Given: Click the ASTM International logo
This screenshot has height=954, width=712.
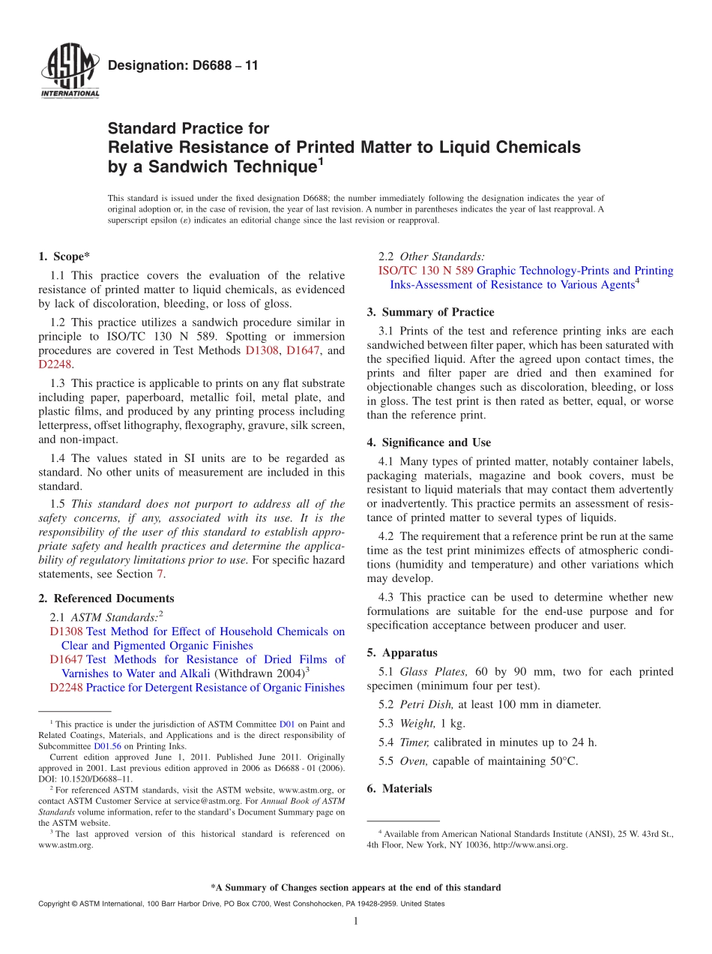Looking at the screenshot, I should (x=69, y=72).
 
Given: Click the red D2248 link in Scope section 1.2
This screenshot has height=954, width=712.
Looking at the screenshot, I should (x=55, y=364).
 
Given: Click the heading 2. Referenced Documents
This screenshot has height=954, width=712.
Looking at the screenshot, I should (x=106, y=598).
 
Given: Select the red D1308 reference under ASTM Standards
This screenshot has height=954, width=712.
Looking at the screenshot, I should (x=66, y=631).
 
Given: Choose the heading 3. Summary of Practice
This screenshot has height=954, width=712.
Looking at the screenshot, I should (x=430, y=312).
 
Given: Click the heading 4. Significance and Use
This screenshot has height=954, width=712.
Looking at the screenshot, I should (x=429, y=442).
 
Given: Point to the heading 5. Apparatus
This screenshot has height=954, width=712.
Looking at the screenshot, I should (x=402, y=652).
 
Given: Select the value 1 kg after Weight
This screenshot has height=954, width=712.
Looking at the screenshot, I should (x=453, y=723).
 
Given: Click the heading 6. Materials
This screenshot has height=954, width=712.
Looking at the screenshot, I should (x=399, y=788).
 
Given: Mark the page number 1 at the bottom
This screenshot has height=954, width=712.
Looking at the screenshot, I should (x=356, y=921).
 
